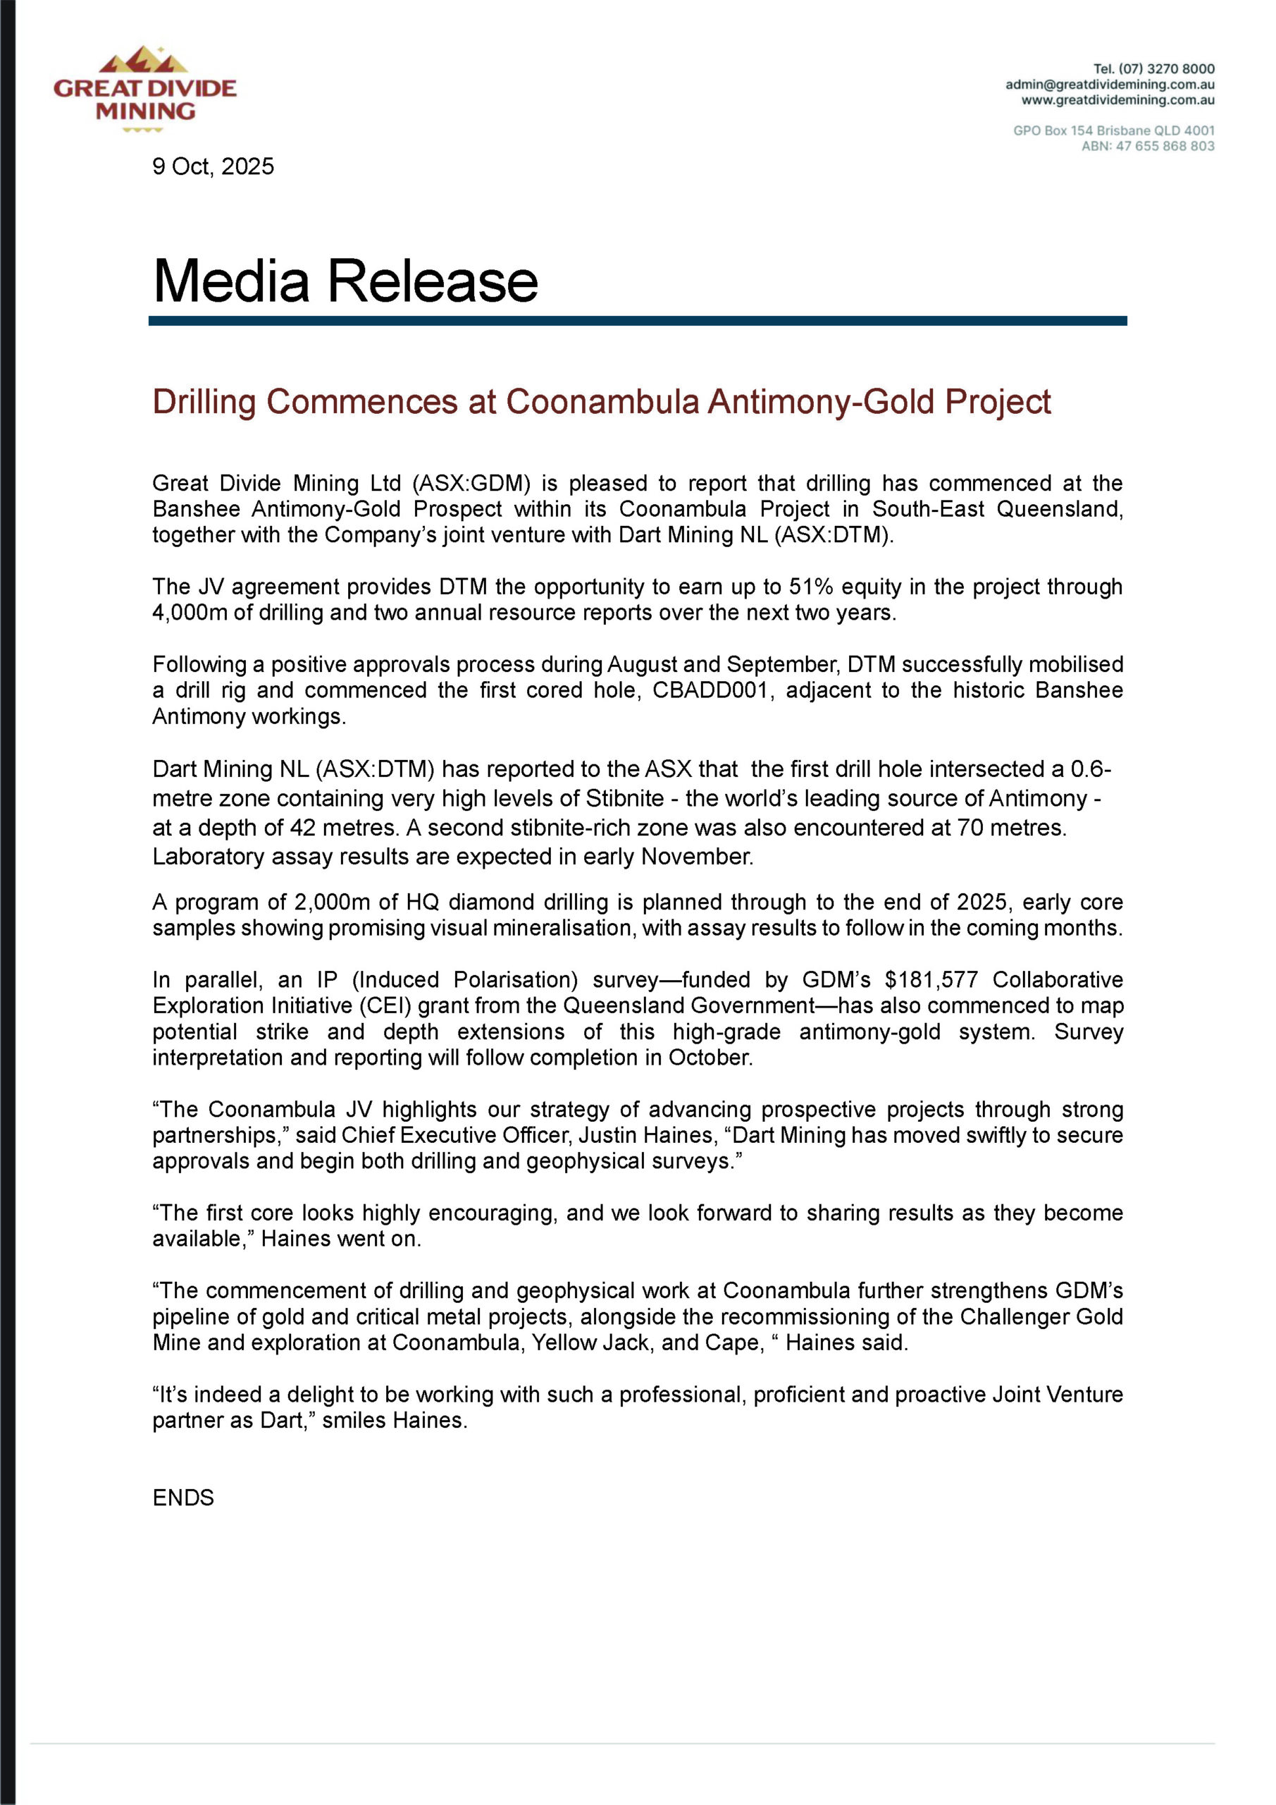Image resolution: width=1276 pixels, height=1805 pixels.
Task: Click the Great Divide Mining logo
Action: point(145,89)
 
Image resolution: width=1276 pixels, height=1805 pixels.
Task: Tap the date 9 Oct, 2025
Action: point(213,166)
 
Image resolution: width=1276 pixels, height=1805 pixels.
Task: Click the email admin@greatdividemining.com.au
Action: point(1110,85)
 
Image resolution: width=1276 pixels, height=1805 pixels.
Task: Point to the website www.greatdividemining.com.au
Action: point(1117,101)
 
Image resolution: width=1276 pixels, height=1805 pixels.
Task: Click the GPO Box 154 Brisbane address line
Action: point(1113,130)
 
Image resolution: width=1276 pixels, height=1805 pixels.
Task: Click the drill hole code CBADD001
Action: point(710,690)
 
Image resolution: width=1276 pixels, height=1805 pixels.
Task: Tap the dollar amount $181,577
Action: point(931,979)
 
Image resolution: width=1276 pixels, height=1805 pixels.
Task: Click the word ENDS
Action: point(183,1498)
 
